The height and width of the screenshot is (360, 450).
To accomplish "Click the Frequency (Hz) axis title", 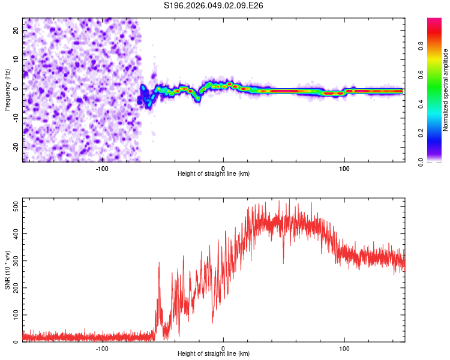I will coord(7,90).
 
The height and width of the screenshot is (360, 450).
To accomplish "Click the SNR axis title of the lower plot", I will coord(7,271).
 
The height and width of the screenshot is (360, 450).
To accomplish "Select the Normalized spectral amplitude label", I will coord(445,90).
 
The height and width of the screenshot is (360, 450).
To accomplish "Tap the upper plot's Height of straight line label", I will coord(214,173).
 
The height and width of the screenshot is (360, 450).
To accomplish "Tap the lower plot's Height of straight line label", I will coord(214,353).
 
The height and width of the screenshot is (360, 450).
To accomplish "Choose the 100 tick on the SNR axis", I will coord(13,315).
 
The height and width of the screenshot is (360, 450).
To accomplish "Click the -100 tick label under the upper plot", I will coord(101,167).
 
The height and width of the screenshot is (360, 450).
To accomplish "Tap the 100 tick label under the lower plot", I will coord(344,347).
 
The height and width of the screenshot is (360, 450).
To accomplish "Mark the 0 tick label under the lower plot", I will coord(223,347).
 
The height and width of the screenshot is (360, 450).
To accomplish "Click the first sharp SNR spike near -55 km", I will coord(159,264).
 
